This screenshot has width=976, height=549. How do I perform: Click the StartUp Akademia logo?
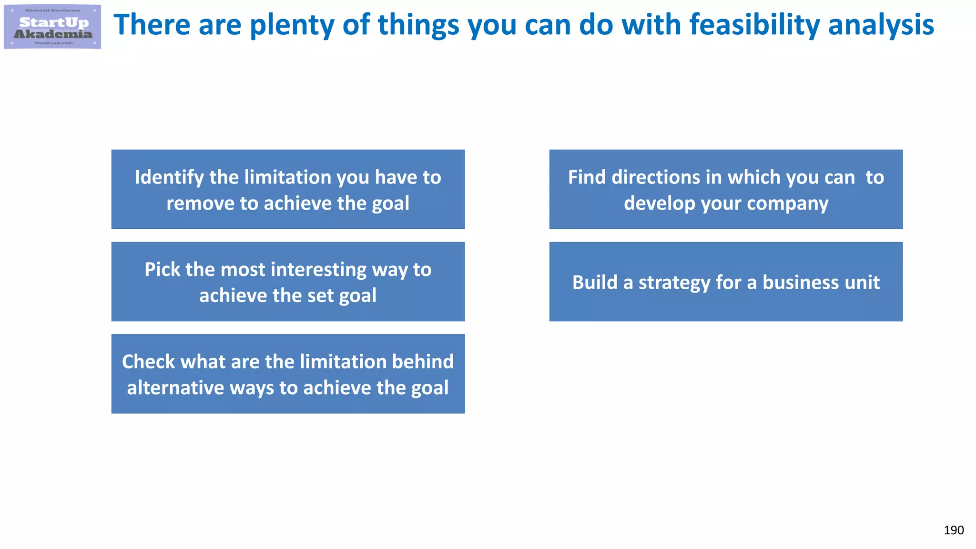tap(52, 27)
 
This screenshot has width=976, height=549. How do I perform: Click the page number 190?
tap(953, 530)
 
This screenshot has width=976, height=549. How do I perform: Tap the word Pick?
tap(162, 270)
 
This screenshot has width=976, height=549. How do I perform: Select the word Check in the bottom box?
tap(148, 362)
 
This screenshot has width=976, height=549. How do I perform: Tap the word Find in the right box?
tap(587, 177)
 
